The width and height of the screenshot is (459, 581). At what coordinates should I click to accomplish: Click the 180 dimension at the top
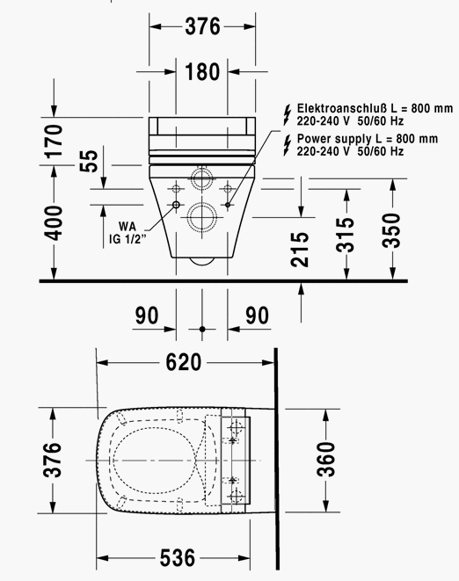pyautogui.click(x=202, y=71)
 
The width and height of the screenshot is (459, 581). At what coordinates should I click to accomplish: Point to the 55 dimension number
pyautogui.click(x=89, y=161)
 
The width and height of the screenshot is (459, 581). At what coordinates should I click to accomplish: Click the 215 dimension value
pyautogui.click(x=300, y=250)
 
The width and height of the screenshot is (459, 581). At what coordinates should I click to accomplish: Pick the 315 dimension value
pyautogui.click(x=346, y=235)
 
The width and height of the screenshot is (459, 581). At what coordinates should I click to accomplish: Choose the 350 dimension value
pyautogui.click(x=392, y=230)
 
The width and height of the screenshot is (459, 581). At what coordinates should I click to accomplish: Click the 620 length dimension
pyautogui.click(x=184, y=362)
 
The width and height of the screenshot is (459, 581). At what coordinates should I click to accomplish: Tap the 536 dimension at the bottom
pyautogui.click(x=178, y=557)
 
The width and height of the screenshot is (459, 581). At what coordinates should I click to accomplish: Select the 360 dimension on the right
pyautogui.click(x=326, y=459)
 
